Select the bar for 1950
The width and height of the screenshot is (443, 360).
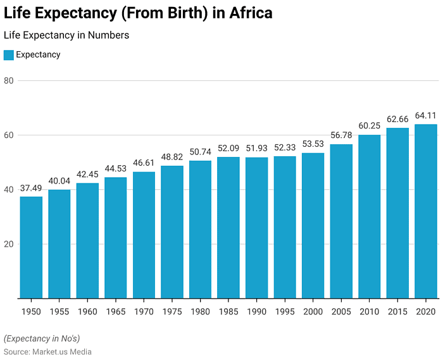tap(31, 247)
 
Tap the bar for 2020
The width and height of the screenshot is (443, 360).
tap(426, 211)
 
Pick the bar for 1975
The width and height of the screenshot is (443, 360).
tap(172, 232)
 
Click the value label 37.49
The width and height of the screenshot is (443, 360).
tap(31, 189)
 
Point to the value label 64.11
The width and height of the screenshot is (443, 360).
tap(426, 116)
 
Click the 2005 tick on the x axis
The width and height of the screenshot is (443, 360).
tap(341, 312)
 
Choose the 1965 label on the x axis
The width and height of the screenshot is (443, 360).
tap(115, 312)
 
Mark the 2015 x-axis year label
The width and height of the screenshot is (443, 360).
tap(397, 312)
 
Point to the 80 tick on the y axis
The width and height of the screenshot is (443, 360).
tap(8, 81)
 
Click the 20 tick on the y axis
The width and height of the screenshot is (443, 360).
tap(8, 244)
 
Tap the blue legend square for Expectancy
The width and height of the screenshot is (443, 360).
tap(8, 55)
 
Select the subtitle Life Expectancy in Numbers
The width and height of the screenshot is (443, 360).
tap(66, 35)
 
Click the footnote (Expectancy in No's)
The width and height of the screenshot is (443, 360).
tap(42, 338)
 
